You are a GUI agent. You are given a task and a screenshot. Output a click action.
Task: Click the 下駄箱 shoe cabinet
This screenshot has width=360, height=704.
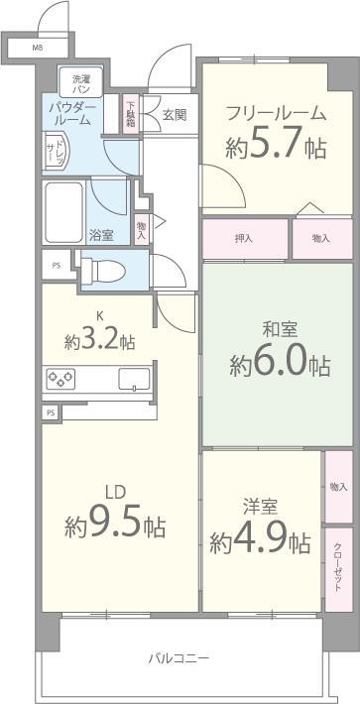131,112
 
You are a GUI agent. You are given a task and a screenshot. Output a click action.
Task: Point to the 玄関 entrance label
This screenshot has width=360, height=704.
174,113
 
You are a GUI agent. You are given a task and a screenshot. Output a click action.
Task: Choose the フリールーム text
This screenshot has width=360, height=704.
275,112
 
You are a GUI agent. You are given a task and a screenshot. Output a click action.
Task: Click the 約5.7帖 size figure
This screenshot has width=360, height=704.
276,148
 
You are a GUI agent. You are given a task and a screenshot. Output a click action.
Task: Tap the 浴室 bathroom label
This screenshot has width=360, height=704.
101,235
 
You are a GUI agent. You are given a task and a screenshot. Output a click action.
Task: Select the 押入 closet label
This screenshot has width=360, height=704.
244,238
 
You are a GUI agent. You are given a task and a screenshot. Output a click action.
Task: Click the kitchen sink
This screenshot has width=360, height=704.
134,378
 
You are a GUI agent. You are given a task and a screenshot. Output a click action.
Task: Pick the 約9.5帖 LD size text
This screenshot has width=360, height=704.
115,524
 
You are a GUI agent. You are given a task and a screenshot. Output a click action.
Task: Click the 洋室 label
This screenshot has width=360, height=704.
260,505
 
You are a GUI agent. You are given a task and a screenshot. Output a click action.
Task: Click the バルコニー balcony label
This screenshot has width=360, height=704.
179,657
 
